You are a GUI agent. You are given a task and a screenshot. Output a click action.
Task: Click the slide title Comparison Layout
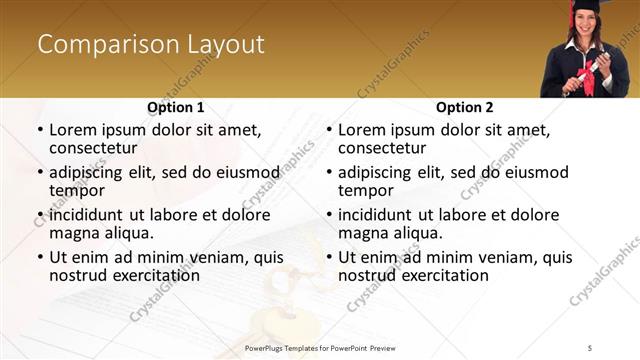coord(151,45)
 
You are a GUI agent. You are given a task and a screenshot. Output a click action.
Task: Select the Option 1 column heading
coord(175,107)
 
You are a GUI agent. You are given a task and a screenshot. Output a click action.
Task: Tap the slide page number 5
coord(590,346)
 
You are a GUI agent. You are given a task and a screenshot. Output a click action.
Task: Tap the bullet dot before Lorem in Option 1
coord(40,130)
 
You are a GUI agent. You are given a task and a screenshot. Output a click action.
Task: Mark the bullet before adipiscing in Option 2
coord(329,173)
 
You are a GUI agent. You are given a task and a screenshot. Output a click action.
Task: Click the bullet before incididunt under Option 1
coord(40,215)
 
